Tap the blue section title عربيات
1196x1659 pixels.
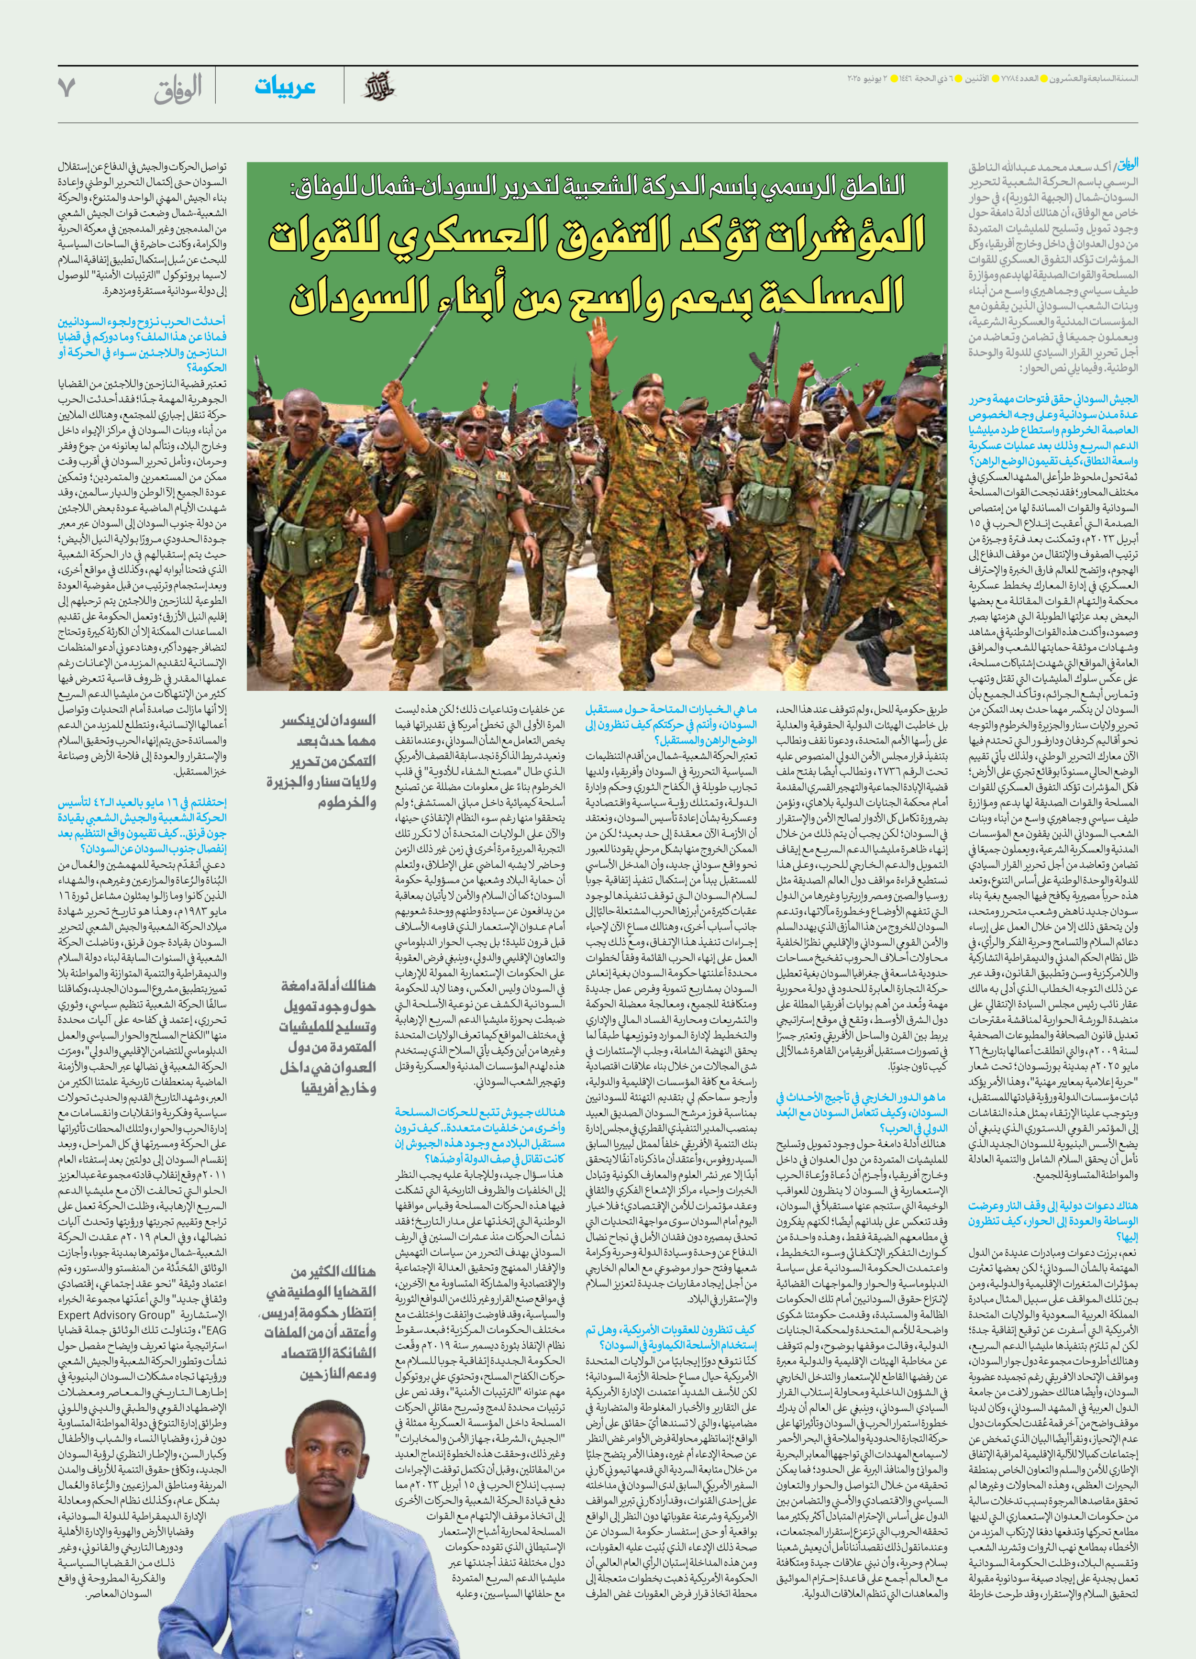pos(285,87)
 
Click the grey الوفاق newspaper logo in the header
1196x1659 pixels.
pos(178,89)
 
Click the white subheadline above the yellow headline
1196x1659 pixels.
pos(596,185)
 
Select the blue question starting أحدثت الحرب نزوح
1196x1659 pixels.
pos(142,344)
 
